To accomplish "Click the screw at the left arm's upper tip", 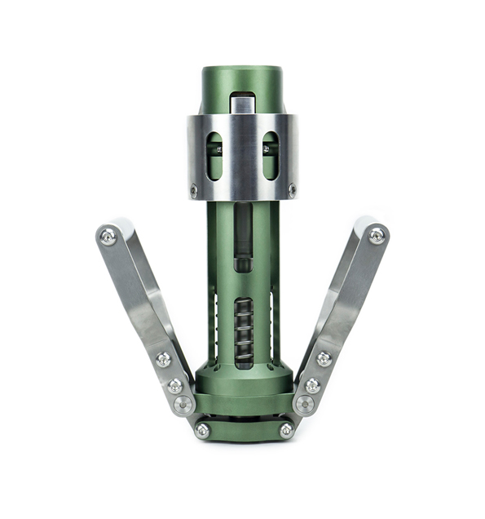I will pyautogui.click(x=108, y=237).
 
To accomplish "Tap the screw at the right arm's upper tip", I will pyautogui.click(x=376, y=235).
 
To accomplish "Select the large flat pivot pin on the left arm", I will pyautogui.click(x=183, y=403).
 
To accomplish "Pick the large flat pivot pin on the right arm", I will pyautogui.click(x=304, y=403).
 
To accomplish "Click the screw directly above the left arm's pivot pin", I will pyautogui.click(x=175, y=385).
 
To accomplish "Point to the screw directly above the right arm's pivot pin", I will pyautogui.click(x=312, y=384).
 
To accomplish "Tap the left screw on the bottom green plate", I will pyautogui.click(x=202, y=429).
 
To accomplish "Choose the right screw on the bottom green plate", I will pyautogui.click(x=285, y=429).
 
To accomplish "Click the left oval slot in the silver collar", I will pyautogui.click(x=215, y=155).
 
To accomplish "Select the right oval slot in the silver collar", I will pyautogui.click(x=270, y=155).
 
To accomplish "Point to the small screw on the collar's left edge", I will pyautogui.click(x=193, y=191).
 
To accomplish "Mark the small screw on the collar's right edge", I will pyautogui.click(x=292, y=191).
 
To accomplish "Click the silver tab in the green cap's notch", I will pyautogui.click(x=242, y=104).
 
